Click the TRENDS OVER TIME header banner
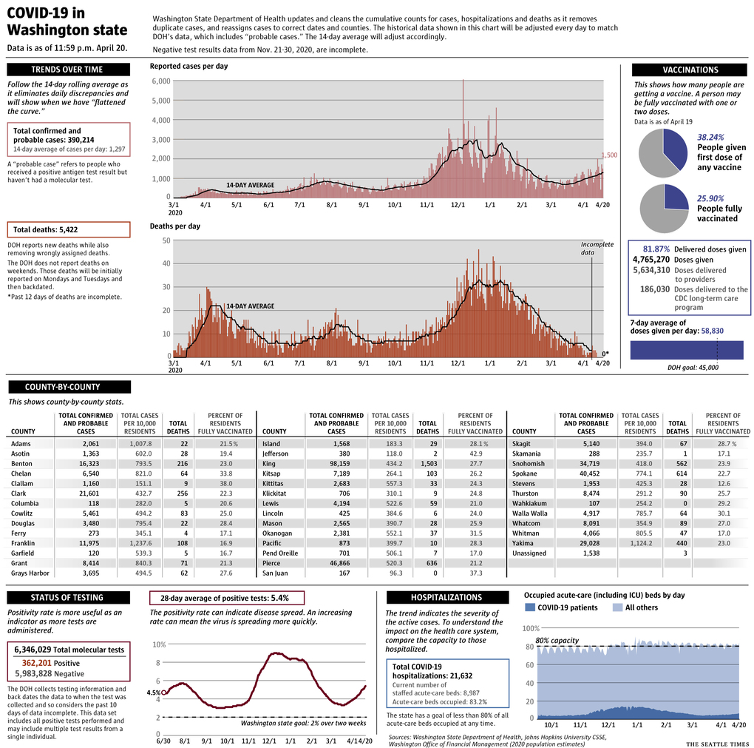pyautogui.click(x=68, y=70)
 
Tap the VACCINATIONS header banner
pyautogui.click(x=690, y=70)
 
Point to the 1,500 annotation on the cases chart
pyautogui.click(x=608, y=155)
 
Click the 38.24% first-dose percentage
pyautogui.click(x=710, y=137)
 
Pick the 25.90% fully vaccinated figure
pyautogui.click(x=710, y=198)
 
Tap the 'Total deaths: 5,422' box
pyautogui.click(x=68, y=229)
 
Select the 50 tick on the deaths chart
pyautogui.click(x=166, y=240)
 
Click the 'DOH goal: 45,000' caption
pyautogui.click(x=692, y=367)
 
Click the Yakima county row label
pyautogui.click(x=523, y=543)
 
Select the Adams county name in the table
pyautogui.click(x=21, y=443)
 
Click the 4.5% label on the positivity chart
pyautogui.click(x=153, y=693)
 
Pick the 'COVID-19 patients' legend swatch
pyautogui.click(x=529, y=607)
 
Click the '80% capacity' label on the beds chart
pyautogui.click(x=557, y=640)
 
